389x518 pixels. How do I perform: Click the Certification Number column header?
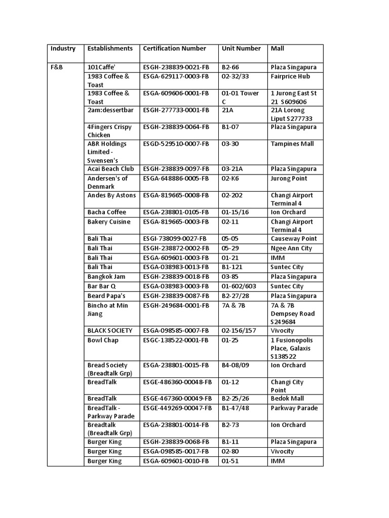coord(175,49)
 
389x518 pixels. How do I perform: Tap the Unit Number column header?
coord(241,49)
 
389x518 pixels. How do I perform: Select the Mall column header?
coord(278,49)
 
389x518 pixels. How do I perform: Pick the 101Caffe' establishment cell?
coord(101,67)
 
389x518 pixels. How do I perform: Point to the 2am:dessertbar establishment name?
coord(109,110)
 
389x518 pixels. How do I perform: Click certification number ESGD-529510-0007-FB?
coord(176,144)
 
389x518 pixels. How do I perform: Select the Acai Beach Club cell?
coord(110,169)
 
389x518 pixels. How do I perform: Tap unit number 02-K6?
coord(232,179)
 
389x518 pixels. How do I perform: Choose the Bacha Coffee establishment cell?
coord(107,212)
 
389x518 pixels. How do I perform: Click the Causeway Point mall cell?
coord(294,239)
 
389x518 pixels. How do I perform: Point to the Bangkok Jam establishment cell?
coord(106,277)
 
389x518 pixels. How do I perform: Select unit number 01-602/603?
coord(240,286)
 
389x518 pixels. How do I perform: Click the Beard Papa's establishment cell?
coord(107,296)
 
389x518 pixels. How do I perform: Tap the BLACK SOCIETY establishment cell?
coord(110,330)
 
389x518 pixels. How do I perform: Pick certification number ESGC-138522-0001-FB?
coord(176,340)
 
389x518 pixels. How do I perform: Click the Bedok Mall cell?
coord(287,399)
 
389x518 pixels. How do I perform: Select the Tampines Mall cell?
coord(291,144)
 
